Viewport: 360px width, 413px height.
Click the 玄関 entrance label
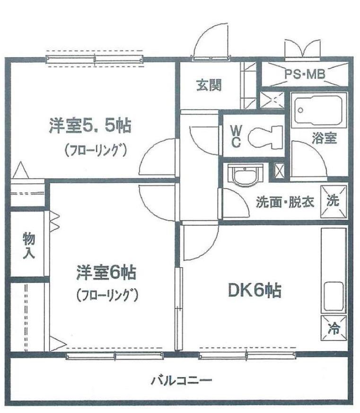tap(209, 85)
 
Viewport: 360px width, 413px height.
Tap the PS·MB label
tap(305, 74)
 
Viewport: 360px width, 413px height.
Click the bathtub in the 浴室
tap(319, 110)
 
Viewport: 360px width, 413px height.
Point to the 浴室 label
tap(324, 138)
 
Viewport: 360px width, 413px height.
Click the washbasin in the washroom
tap(245, 175)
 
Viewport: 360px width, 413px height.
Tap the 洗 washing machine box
tap(333, 202)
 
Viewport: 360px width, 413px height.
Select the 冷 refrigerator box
tap(334, 328)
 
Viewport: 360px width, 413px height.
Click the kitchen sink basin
tap(334, 298)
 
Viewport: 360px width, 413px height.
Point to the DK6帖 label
tap(255, 291)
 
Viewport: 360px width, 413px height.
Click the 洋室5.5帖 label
tap(90, 126)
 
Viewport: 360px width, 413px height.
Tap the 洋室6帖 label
tap(106, 272)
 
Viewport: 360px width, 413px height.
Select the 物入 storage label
tap(29, 245)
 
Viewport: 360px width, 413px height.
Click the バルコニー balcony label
tap(182, 380)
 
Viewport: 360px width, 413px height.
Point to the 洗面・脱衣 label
tap(285, 202)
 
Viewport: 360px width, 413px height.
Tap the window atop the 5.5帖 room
tap(95, 59)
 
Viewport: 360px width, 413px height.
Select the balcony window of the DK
tap(247, 356)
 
